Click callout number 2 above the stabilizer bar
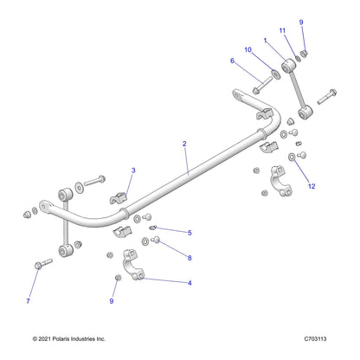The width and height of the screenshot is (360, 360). point(184,144)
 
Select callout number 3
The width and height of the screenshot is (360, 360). point(133,170)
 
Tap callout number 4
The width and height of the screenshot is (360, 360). point(190,283)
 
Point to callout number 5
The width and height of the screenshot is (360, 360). point(190,233)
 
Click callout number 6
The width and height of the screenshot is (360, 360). point(232,61)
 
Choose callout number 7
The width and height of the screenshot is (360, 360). point(28,301)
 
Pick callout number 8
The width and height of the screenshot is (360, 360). point(190,258)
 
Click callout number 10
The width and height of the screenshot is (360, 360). point(248,49)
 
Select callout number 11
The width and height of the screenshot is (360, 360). point(282,30)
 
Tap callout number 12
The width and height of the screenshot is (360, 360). point(312,186)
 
